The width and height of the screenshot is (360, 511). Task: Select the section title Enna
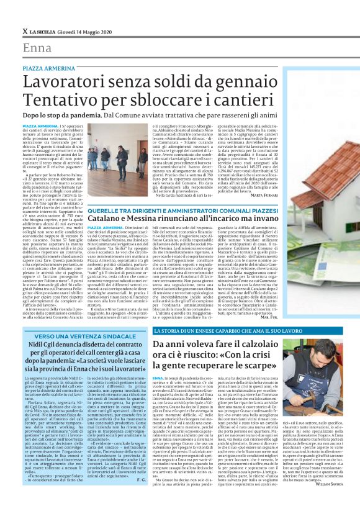tap(37, 48)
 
